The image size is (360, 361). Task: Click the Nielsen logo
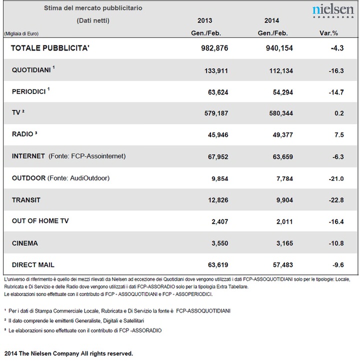[x=333, y=11]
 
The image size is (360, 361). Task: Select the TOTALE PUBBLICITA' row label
[x=50, y=48]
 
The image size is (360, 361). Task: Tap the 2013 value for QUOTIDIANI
[x=216, y=70]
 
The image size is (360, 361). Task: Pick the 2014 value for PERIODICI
[x=283, y=92]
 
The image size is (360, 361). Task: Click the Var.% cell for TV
[x=339, y=113]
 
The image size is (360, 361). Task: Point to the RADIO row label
[x=24, y=134]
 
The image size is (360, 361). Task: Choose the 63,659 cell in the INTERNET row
[x=283, y=157]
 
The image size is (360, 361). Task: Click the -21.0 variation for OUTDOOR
[x=336, y=178]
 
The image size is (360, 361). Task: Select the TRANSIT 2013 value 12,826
[x=218, y=200]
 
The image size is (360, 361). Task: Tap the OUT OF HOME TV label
[x=40, y=221]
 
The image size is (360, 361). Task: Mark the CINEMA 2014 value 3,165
[x=284, y=243]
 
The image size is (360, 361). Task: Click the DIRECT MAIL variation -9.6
[x=338, y=265]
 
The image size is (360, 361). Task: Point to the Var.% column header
[x=328, y=33]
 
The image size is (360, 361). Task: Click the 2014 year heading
[x=271, y=20]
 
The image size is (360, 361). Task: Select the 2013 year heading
[x=205, y=20]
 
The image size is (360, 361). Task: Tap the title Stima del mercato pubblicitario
[x=93, y=8]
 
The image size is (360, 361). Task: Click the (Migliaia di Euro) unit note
[x=21, y=34]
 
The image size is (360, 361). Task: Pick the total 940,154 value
[x=279, y=48]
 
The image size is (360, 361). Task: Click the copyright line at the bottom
[x=68, y=353]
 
